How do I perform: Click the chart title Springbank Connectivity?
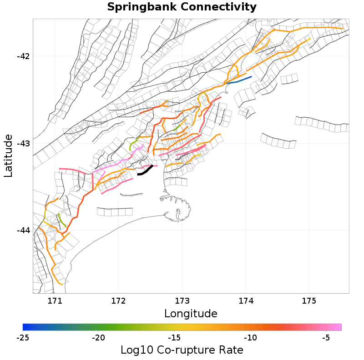click(x=182, y=7)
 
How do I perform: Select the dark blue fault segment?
click(x=239, y=80)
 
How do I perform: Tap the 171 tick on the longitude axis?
click(x=55, y=300)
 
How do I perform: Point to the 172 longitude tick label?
click(x=118, y=300)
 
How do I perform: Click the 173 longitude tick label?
click(x=182, y=300)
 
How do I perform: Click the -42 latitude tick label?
click(x=23, y=56)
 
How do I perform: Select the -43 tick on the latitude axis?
click(x=23, y=143)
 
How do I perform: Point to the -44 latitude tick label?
click(x=23, y=230)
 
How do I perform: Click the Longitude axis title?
click(x=191, y=314)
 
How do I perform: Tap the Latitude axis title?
click(x=8, y=155)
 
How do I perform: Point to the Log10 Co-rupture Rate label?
click(x=182, y=350)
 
